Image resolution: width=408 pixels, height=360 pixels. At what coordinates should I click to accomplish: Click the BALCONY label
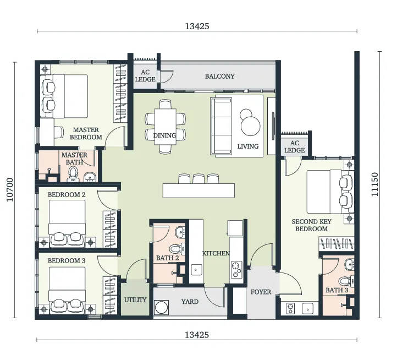tap(219, 77)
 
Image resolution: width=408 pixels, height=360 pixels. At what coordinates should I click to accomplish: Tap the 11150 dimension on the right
tap(374, 184)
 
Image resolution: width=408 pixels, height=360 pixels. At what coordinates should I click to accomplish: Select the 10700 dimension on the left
tap(10, 190)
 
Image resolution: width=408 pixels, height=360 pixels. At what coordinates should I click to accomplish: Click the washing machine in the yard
tap(162, 307)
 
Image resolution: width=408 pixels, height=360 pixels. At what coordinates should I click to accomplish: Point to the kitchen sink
tap(196, 270)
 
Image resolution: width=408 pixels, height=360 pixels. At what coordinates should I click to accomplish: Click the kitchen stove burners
tap(236, 269)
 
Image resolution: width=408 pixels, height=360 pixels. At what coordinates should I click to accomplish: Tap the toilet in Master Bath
tap(73, 174)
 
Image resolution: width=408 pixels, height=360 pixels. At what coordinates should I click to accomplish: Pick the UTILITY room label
tap(135, 300)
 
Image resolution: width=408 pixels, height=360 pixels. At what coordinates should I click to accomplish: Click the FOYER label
tap(261, 292)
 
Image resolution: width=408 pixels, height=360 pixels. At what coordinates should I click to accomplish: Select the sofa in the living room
tap(221, 126)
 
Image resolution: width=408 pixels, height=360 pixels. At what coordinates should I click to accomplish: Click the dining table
tap(165, 127)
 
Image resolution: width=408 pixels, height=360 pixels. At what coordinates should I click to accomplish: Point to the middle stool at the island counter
tap(199, 179)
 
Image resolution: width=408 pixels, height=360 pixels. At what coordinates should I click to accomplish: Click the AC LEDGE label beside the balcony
tap(145, 76)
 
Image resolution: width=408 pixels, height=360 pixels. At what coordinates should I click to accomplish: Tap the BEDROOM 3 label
tap(67, 261)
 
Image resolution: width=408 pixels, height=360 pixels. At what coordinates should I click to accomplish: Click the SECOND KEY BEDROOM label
tap(311, 225)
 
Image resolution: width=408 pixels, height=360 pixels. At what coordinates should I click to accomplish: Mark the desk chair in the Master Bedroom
tap(59, 132)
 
